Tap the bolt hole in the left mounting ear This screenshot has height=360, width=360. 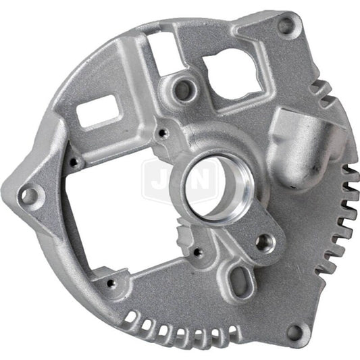click(29, 196)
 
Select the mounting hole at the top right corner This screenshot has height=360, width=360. click(286, 26)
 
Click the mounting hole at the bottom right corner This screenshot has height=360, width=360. click(293, 331)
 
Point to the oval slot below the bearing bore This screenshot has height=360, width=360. click(237, 277)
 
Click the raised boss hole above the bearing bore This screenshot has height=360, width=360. click(182, 86)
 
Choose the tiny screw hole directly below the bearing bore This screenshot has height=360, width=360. click(197, 253)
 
